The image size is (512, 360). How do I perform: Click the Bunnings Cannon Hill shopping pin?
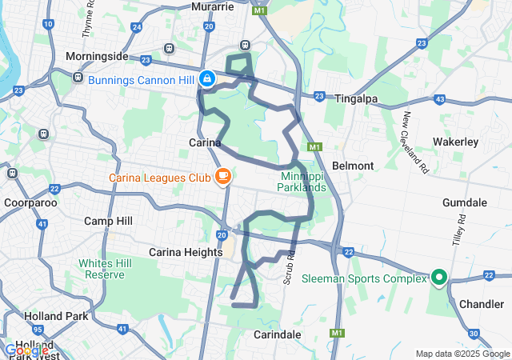click(207, 78)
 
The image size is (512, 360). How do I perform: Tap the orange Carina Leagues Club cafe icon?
click(222, 176)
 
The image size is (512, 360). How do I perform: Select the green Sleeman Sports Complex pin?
click(439, 278)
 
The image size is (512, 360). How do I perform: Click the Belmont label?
click(353, 166)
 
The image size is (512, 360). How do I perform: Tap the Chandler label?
click(482, 304)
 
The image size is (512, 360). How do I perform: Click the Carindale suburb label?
click(278, 334)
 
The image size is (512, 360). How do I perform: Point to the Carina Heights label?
click(186, 252)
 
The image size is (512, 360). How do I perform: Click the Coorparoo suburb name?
click(29, 202)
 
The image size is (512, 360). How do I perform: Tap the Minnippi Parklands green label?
click(304, 182)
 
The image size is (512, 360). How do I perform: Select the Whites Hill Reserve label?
click(102, 269)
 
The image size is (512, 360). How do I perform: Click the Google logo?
click(26, 350)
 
